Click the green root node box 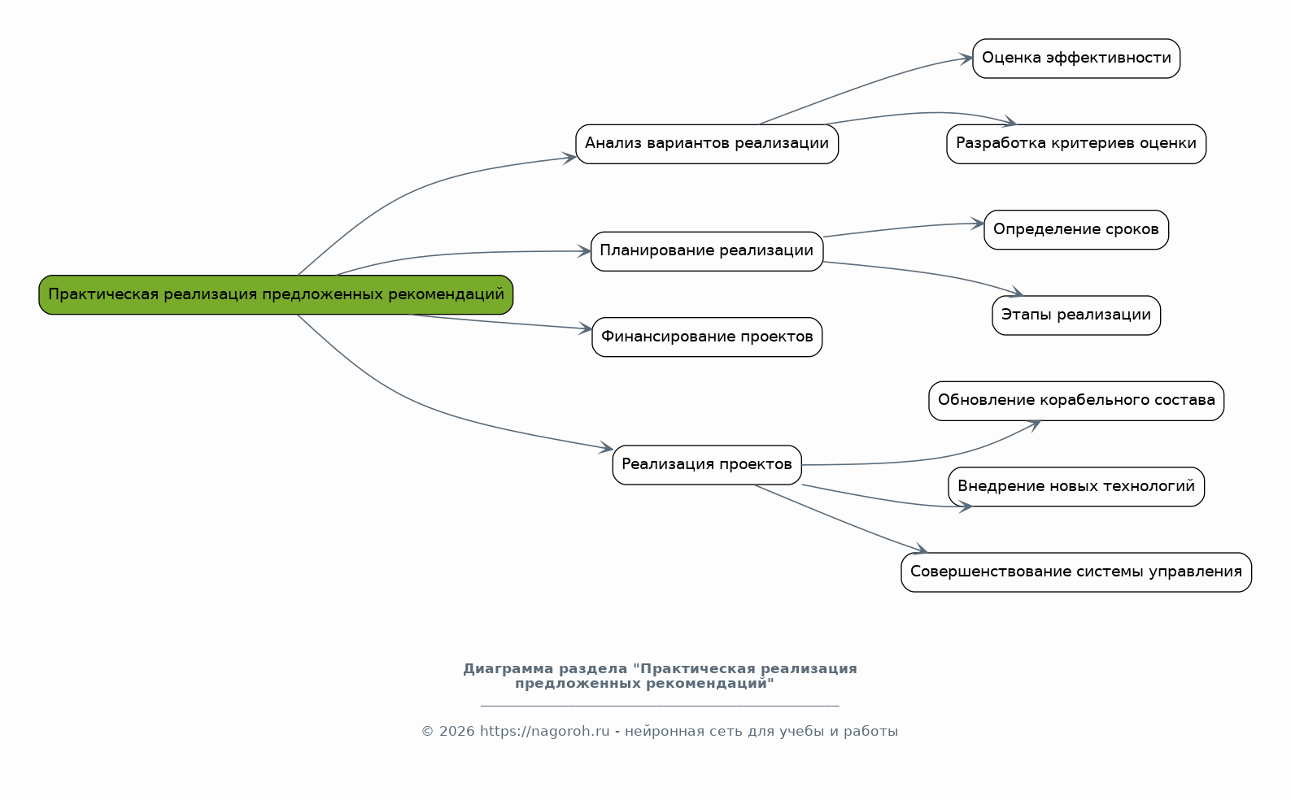coord(276,294)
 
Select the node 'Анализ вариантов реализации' coord(707,144)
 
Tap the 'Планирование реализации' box coord(707,251)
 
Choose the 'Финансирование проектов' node coord(707,337)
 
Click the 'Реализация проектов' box coord(707,464)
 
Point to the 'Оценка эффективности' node coord(1076,59)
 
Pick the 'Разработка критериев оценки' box coord(1076,144)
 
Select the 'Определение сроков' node coord(1076,230)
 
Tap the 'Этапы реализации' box coord(1076,315)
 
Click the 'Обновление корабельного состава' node coord(1076,401)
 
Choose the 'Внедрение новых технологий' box coord(1076,486)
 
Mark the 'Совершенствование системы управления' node coord(1076,572)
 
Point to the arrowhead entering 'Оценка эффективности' coord(966,59)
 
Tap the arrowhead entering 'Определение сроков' coord(978,224)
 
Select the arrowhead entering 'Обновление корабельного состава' coord(1035,423)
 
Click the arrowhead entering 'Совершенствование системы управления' coord(920,550)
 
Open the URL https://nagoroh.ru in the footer coord(544,732)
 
